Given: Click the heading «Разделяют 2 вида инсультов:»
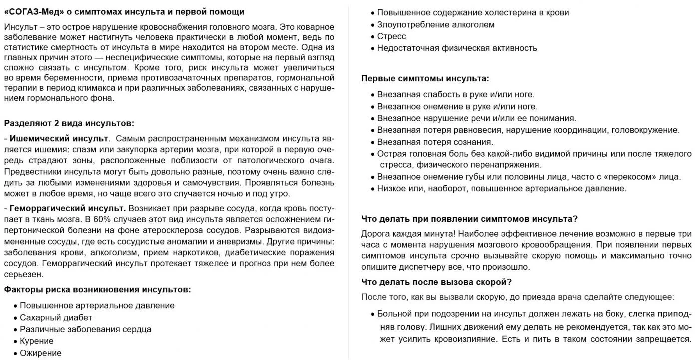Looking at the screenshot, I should point(69,123).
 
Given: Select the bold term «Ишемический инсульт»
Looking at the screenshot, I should point(59,138).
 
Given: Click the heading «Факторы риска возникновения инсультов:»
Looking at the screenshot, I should point(98,289).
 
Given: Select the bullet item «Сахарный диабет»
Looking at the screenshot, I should point(56,317).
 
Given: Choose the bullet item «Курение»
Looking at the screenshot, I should point(36,341).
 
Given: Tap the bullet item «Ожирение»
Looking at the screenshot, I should point(40,353).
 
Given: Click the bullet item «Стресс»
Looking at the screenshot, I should point(391,36).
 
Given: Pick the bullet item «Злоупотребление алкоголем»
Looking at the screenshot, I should point(436,24).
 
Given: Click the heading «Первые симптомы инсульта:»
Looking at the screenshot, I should point(425,78).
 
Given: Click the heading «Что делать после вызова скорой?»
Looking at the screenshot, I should point(436,282).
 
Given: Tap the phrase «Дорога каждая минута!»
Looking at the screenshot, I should point(408,233).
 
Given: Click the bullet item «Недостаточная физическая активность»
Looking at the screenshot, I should point(457,48).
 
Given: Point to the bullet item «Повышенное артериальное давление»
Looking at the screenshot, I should point(97,305).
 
